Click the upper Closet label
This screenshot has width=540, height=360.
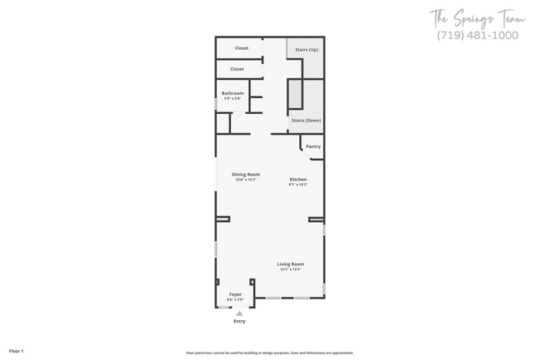click(241, 48)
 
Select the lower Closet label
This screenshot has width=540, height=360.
click(237, 69)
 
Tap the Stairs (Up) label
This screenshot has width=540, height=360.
click(307, 50)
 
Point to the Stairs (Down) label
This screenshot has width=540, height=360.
click(306, 121)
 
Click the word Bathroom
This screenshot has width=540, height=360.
click(233, 93)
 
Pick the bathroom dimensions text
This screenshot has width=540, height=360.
click(233, 98)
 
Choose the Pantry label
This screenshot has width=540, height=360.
click(312, 146)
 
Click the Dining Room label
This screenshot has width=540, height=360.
click(246, 174)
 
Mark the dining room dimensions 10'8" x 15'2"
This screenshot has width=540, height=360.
click(246, 179)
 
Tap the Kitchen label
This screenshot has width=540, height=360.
click(298, 180)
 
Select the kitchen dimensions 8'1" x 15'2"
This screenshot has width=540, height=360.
click(298, 185)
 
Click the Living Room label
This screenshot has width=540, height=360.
click(290, 264)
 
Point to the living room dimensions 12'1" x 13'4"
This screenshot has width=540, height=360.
click(290, 269)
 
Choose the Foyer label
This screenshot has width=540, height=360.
click(235, 294)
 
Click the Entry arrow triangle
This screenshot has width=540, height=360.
click(239, 312)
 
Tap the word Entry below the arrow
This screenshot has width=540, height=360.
click(239, 321)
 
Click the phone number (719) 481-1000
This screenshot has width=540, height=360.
click(478, 35)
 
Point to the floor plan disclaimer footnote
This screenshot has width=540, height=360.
click(269, 353)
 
